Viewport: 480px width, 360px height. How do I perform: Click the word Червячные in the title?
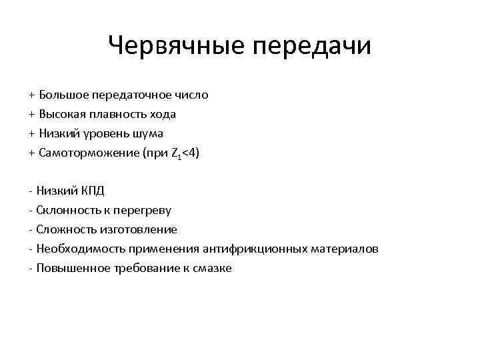click(x=175, y=46)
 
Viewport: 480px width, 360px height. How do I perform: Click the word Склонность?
click(x=66, y=211)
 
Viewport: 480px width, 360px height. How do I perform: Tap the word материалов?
click(x=345, y=249)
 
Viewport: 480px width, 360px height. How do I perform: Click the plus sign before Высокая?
click(x=32, y=115)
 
